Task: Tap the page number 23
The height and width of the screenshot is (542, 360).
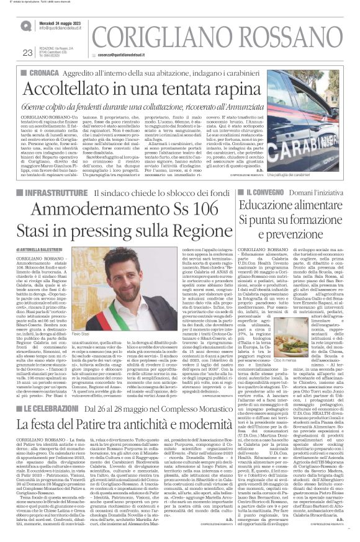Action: point(27,53)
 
